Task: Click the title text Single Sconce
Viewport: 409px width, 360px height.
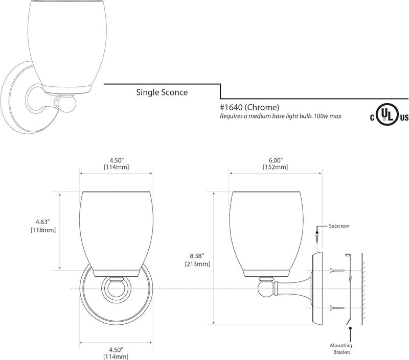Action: [x=161, y=92]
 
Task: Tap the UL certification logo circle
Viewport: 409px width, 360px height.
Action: [x=390, y=117]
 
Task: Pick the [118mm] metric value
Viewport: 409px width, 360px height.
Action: [x=43, y=230]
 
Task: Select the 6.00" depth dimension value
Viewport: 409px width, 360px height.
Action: [x=275, y=159]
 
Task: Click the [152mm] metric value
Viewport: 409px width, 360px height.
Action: [x=275, y=167]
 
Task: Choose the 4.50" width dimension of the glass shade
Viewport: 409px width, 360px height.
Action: [x=116, y=159]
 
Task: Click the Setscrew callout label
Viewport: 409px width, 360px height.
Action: [x=338, y=225]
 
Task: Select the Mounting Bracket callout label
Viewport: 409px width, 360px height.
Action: [x=351, y=348]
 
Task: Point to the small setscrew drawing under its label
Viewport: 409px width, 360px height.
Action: [x=317, y=236]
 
